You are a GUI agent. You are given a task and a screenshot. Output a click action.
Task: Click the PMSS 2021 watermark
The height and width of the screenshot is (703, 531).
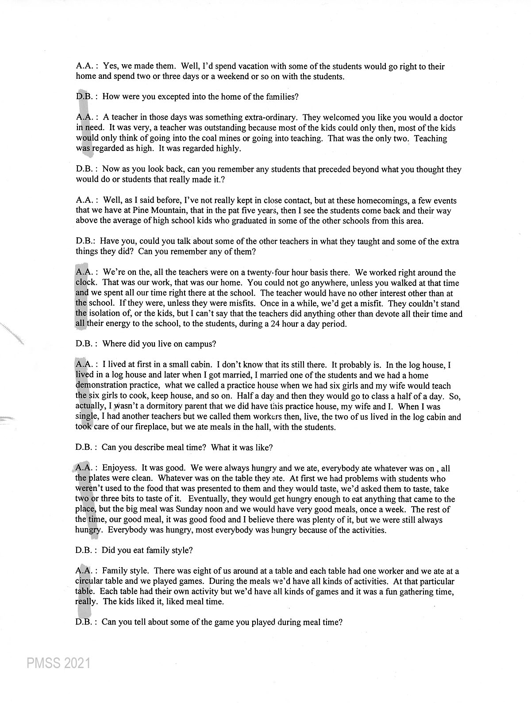58,664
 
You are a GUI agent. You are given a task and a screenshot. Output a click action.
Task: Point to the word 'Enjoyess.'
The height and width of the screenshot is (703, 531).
119,468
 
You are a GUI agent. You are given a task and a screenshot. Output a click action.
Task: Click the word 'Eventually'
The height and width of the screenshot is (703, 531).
199,499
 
